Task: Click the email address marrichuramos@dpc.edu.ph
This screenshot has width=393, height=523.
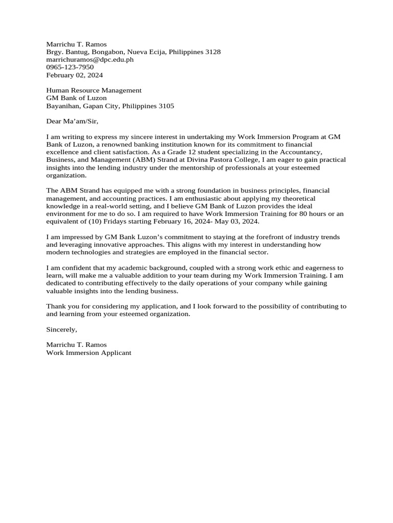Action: click(90, 59)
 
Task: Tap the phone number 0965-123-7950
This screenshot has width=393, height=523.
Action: click(70, 67)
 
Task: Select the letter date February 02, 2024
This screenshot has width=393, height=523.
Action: click(74, 75)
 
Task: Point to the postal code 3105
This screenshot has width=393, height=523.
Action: click(166, 106)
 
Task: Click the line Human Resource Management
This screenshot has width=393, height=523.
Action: click(94, 90)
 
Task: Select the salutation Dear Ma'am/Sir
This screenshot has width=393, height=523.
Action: click(72, 121)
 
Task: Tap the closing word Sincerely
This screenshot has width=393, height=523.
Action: click(61, 329)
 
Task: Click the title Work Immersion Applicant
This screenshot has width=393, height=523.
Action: click(89, 352)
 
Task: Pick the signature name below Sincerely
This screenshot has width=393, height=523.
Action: click(76, 345)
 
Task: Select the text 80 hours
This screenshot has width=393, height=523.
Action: click(320, 213)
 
